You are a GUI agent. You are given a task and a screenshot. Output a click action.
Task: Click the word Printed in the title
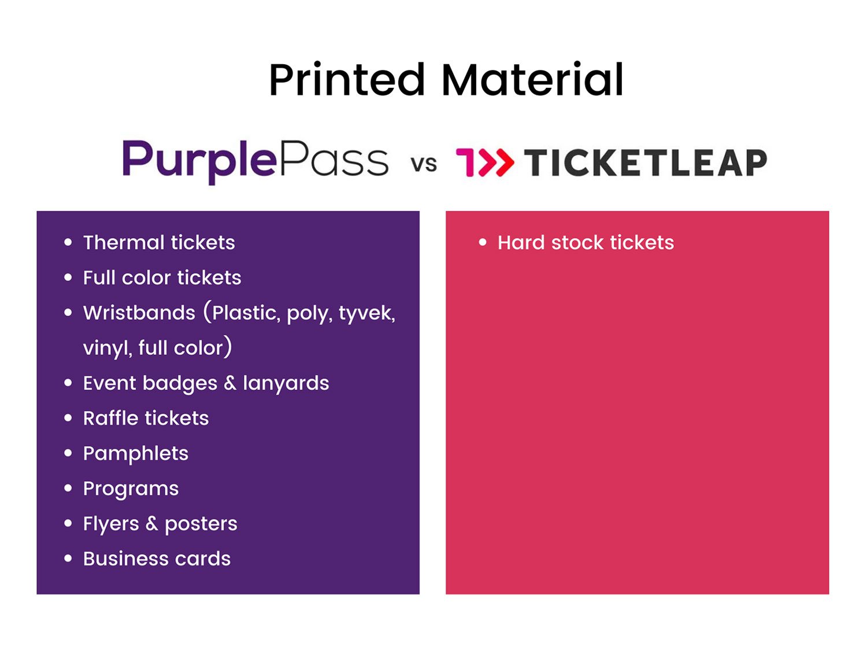(x=347, y=80)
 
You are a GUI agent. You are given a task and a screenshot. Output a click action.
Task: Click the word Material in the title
(x=532, y=80)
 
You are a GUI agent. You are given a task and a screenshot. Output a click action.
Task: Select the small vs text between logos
(x=424, y=164)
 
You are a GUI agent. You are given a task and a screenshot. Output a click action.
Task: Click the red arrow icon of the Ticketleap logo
(x=485, y=162)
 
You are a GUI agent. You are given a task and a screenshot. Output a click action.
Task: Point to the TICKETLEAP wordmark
(x=646, y=163)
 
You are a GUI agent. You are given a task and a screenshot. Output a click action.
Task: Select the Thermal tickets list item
(x=159, y=242)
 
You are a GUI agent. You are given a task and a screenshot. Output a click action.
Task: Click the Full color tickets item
(x=162, y=278)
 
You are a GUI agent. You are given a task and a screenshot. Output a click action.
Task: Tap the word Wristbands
(x=139, y=313)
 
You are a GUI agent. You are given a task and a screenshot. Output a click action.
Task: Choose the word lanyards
(x=286, y=383)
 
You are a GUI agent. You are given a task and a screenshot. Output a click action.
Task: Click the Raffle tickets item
(x=146, y=418)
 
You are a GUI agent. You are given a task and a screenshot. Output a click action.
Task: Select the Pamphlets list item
(x=136, y=454)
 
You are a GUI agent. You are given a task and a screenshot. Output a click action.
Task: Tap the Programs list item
(x=131, y=489)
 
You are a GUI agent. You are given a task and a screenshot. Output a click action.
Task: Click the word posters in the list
(x=201, y=525)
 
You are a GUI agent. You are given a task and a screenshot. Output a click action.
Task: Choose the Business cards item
(x=157, y=559)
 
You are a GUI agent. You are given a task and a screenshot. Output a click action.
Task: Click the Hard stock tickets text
(x=586, y=242)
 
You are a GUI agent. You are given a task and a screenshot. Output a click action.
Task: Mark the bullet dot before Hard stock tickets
(x=483, y=242)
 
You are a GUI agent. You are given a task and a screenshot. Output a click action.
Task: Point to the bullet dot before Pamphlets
(x=68, y=453)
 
